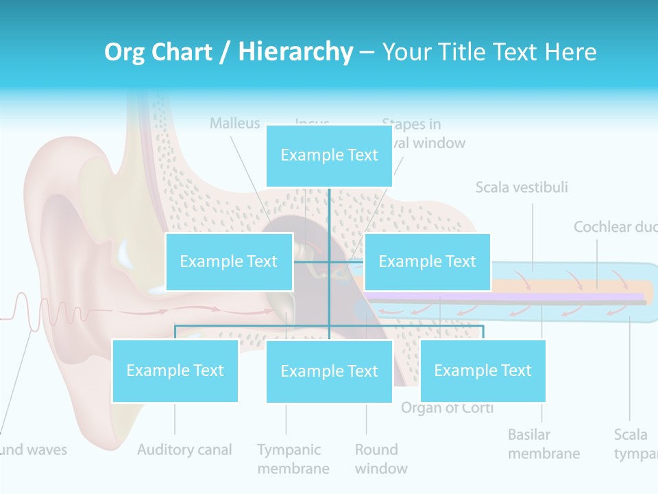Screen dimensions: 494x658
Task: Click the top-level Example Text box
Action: [329, 156]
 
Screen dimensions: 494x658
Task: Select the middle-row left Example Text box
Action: [229, 261]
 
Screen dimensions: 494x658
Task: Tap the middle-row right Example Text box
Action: [427, 261]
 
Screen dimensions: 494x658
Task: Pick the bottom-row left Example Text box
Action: [175, 370]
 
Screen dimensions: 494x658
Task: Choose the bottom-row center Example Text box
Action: [329, 371]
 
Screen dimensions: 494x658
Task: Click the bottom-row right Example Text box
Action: [483, 370]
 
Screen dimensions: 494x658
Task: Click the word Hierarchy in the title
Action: [295, 51]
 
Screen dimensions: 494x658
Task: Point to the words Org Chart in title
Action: [158, 51]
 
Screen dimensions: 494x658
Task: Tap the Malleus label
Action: [235, 123]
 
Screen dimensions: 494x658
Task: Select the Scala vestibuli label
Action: [522, 187]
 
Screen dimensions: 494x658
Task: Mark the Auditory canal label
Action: [184, 450]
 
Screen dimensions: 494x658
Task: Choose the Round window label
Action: [380, 459]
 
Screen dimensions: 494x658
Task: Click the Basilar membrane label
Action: [544, 444]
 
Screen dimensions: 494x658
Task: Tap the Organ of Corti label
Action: [447, 408]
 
